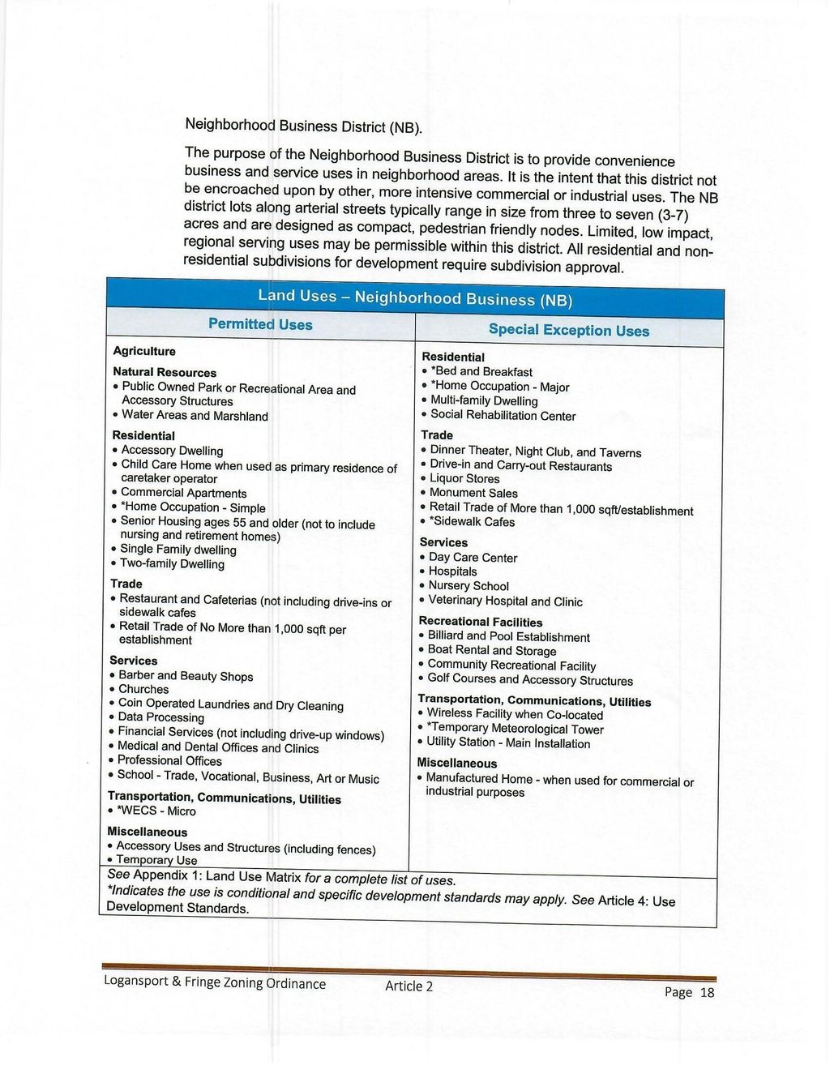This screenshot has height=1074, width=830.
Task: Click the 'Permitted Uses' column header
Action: click(x=260, y=324)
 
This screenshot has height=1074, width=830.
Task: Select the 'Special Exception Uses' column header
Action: click(x=568, y=330)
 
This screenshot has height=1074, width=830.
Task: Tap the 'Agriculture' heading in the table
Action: click(x=144, y=351)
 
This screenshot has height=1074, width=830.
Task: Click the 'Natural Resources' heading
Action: click(x=165, y=372)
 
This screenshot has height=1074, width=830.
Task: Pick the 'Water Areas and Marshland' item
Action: click(x=195, y=416)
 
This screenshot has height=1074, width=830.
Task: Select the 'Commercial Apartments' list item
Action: click(x=183, y=493)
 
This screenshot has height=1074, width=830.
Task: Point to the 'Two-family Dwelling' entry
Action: click(x=172, y=564)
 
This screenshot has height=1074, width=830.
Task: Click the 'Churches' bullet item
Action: click(x=143, y=689)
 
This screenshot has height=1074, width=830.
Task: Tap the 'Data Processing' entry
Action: click(x=160, y=717)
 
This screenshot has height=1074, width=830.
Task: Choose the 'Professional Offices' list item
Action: click(x=169, y=760)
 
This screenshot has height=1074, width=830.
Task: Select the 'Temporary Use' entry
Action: click(x=156, y=860)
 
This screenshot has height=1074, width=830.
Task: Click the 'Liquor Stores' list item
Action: click(x=464, y=479)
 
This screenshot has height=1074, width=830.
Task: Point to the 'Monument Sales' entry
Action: click(x=473, y=493)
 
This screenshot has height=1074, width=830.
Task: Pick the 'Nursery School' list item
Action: click(x=468, y=586)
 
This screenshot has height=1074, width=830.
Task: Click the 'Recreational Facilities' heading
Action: click(x=481, y=622)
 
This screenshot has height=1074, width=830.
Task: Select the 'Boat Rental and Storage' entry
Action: click(x=491, y=651)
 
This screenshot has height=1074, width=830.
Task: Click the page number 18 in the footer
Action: click(x=707, y=992)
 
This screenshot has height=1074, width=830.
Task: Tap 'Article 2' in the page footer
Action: click(x=409, y=986)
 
